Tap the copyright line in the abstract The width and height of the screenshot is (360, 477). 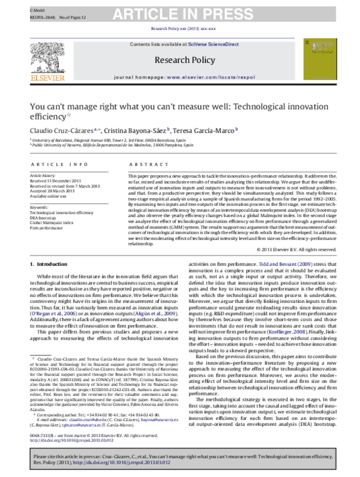(296, 248)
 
